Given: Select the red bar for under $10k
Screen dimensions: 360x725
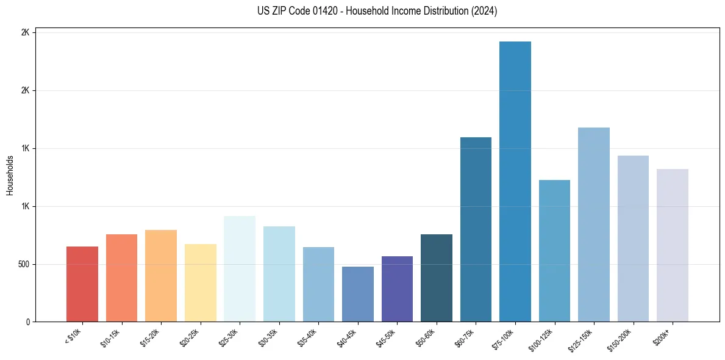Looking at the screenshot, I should pos(82,284).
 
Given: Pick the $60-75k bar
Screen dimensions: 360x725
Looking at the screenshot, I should pos(476,229).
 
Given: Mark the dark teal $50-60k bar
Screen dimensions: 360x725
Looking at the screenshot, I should pos(437,278).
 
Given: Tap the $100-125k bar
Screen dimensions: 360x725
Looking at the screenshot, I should pos(554,251).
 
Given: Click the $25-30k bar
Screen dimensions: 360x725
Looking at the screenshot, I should pos(240,269).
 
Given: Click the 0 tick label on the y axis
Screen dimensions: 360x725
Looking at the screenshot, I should pos(28,322).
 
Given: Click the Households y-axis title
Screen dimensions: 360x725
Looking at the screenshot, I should pos(10,176).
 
